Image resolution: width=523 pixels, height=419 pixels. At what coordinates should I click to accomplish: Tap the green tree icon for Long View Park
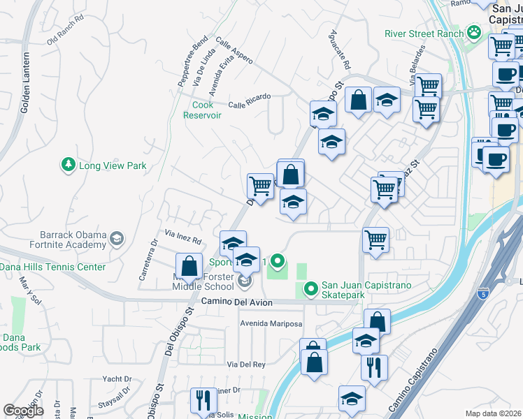coord(69,166)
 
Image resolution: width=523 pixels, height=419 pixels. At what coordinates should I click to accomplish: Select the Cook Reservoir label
coord(202,110)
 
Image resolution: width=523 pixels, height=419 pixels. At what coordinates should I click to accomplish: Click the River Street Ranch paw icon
coord(474,33)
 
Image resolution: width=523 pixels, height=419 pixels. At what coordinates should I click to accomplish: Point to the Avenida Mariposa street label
coord(271,324)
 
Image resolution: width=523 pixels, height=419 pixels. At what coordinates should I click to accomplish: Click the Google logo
coord(24,410)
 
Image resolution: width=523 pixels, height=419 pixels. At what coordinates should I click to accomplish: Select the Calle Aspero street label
coord(234,52)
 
